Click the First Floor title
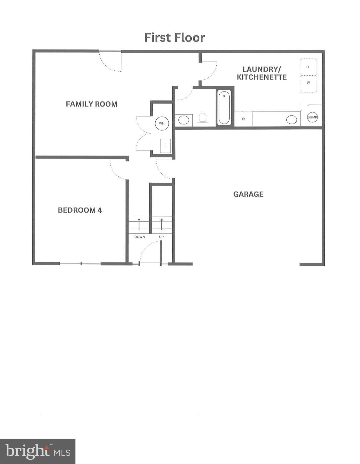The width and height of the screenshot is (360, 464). click(175, 37)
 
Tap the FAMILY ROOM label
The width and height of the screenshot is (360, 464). click(91, 104)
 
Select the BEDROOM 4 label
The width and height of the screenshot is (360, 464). click(80, 210)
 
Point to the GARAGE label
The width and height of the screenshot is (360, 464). click(248, 194)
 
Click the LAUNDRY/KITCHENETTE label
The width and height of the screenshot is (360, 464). click(262, 73)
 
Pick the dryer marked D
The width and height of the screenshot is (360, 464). click(308, 67)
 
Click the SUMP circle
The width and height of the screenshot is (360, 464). click(312, 117)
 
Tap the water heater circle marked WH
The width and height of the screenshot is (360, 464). click(162, 123)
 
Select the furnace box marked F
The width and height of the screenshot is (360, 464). click(165, 146)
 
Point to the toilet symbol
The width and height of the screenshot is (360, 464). click(202, 119)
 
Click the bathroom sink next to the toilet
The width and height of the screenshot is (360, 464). click(184, 120)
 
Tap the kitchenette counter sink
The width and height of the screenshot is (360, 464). click(292, 120)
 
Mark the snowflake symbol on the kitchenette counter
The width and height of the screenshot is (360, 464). click(243, 119)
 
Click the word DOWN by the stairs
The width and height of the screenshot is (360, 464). click(139, 237)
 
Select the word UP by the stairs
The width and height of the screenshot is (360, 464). click(161, 237)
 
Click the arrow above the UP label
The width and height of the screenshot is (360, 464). click(162, 224)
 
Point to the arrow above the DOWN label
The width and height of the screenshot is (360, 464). click(139, 224)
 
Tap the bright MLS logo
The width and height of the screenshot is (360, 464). click(38, 451)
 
